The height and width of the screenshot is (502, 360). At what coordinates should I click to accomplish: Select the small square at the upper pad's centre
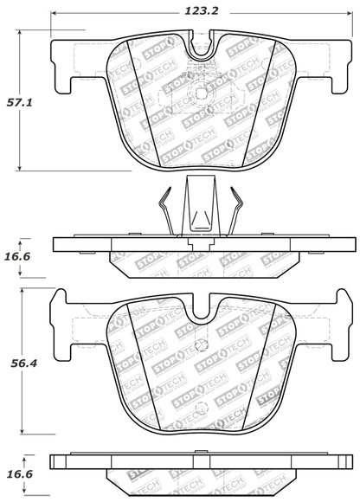pyautogui.click(x=202, y=96)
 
